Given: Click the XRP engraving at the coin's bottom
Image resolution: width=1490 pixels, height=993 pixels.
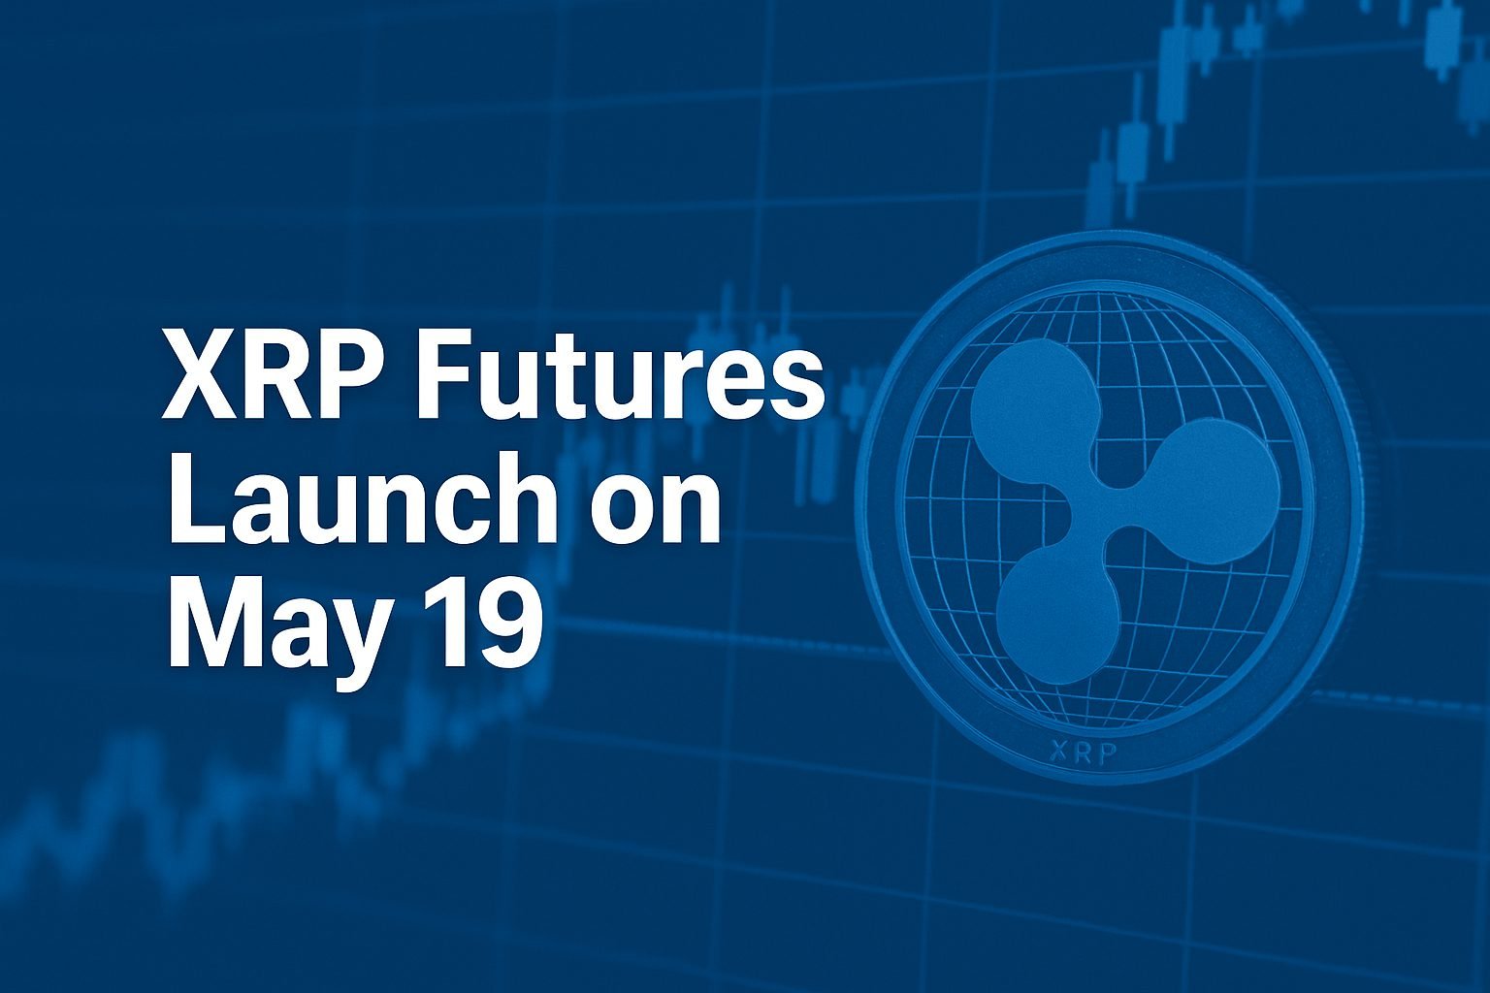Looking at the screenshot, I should (x=1083, y=753).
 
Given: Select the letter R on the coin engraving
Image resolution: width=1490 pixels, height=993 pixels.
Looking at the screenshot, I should (x=1083, y=753).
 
